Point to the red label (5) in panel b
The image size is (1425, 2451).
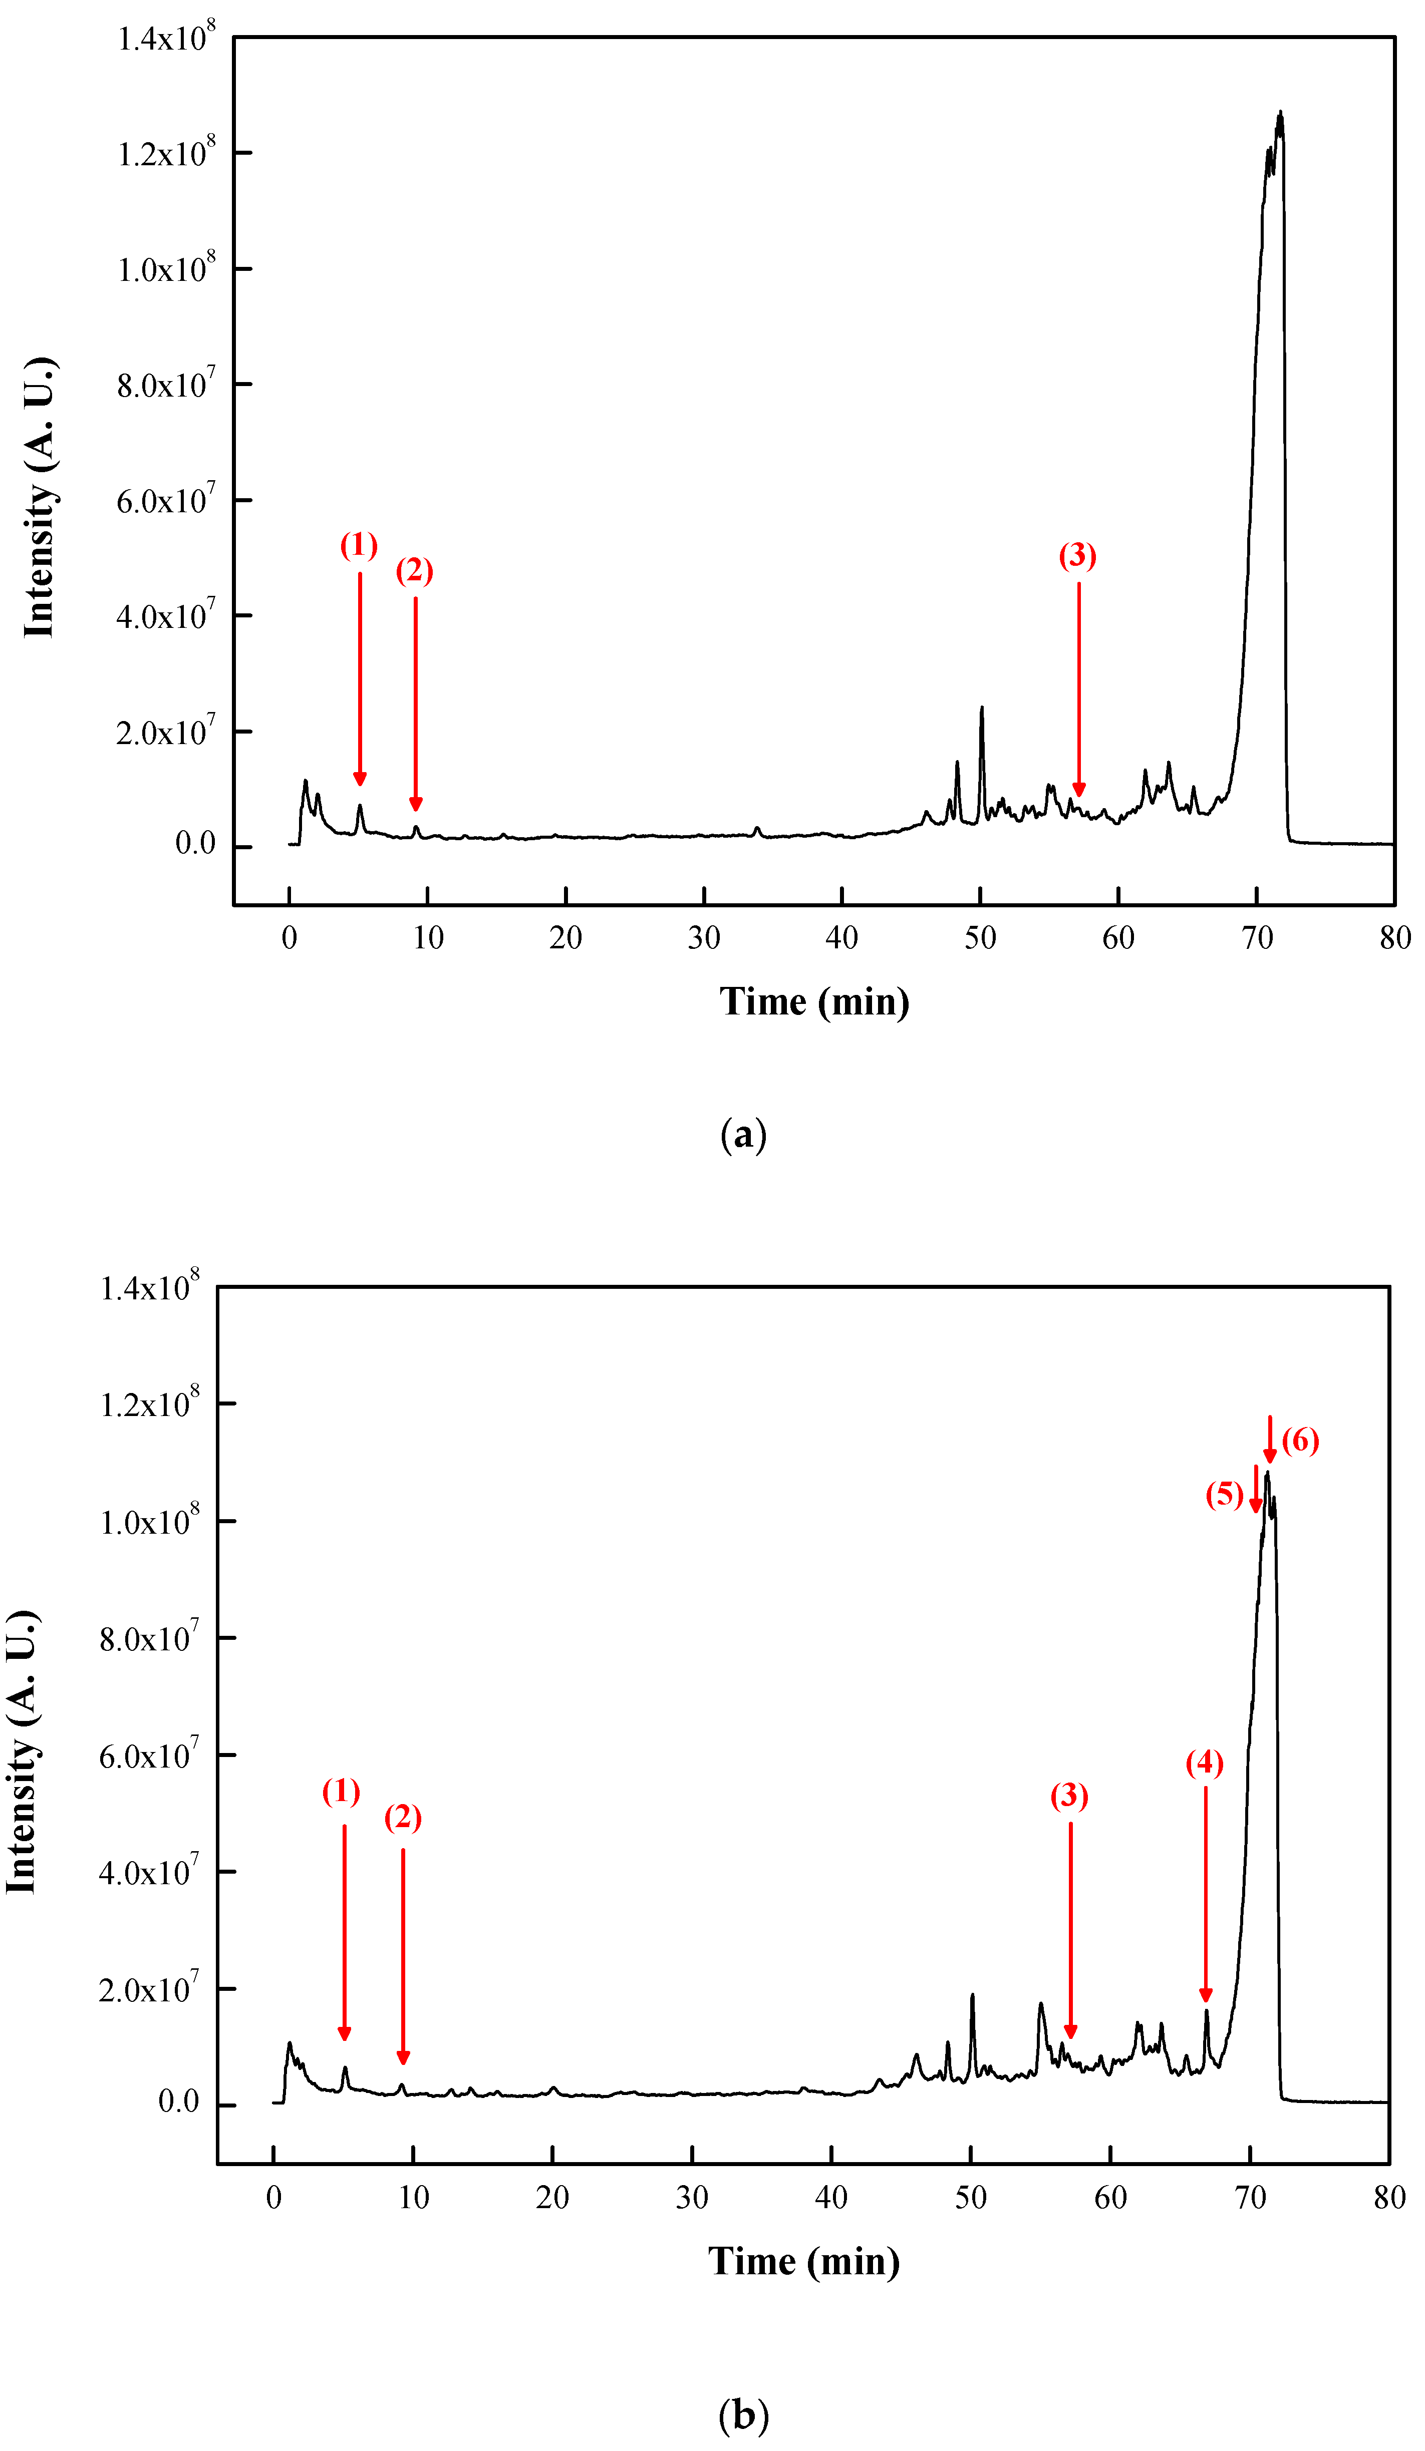pyautogui.click(x=1224, y=1494)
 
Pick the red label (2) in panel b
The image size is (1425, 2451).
pyautogui.click(x=403, y=1817)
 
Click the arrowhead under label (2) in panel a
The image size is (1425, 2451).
pyautogui.click(x=415, y=803)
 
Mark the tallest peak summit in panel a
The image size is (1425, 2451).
pyautogui.click(x=1280, y=113)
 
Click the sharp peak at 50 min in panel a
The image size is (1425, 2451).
pyautogui.click(x=981, y=708)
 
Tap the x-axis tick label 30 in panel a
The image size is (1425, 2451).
pyautogui.click(x=703, y=938)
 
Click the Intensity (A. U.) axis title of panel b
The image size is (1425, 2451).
pyautogui.click(x=22, y=1750)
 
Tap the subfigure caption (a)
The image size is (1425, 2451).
pyautogui.click(x=743, y=1134)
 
